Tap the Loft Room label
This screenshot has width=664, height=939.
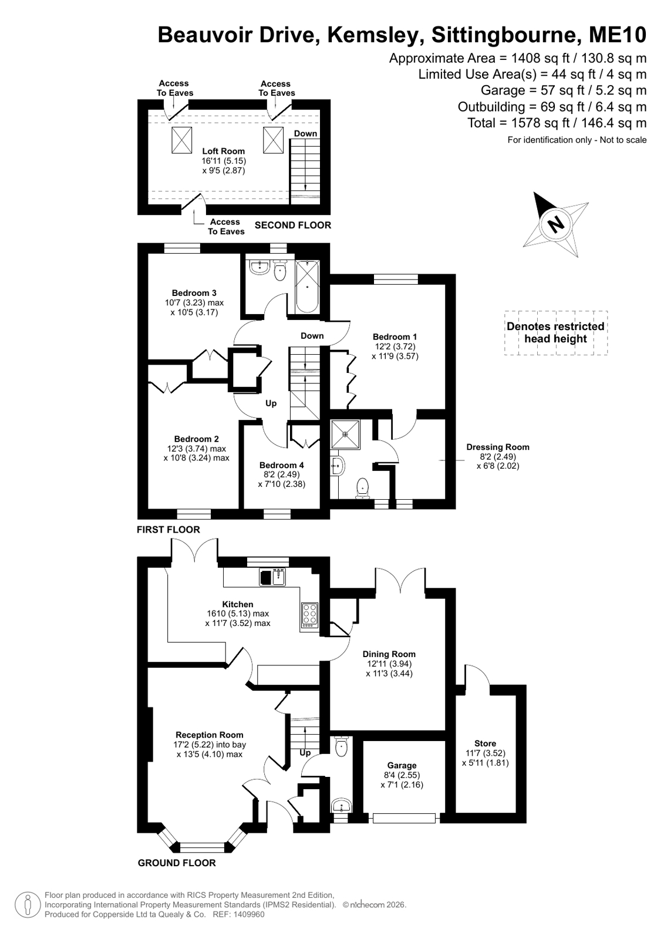[x=224, y=151]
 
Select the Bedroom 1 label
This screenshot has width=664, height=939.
[x=395, y=336]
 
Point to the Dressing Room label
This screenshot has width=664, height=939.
[x=498, y=447]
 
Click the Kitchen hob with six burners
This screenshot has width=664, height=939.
[x=309, y=615]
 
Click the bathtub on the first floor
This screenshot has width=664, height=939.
[x=308, y=287]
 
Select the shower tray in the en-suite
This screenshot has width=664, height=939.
[x=346, y=435]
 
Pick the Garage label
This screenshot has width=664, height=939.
[x=402, y=765]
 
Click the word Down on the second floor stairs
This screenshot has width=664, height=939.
[x=305, y=133]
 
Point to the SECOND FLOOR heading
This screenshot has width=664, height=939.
[x=292, y=225]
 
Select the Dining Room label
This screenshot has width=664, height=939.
[x=389, y=654]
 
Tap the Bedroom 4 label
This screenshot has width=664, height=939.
[x=281, y=465]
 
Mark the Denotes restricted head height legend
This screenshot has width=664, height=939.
[x=555, y=332]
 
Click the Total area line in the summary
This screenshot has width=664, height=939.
[x=557, y=123]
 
